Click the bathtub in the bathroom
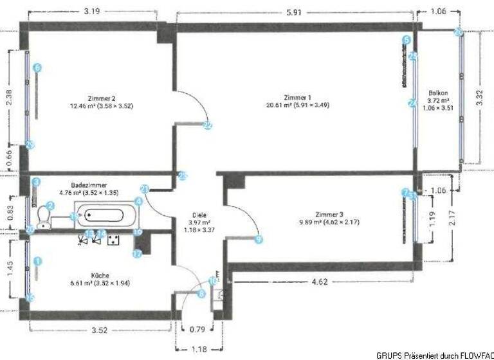(105, 217)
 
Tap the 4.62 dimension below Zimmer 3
(320, 281)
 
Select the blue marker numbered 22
(207, 126)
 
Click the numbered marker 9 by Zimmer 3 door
(259, 239)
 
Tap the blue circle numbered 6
(37, 67)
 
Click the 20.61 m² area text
(292, 104)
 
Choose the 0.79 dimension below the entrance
(198, 332)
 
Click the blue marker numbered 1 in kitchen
(37, 261)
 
